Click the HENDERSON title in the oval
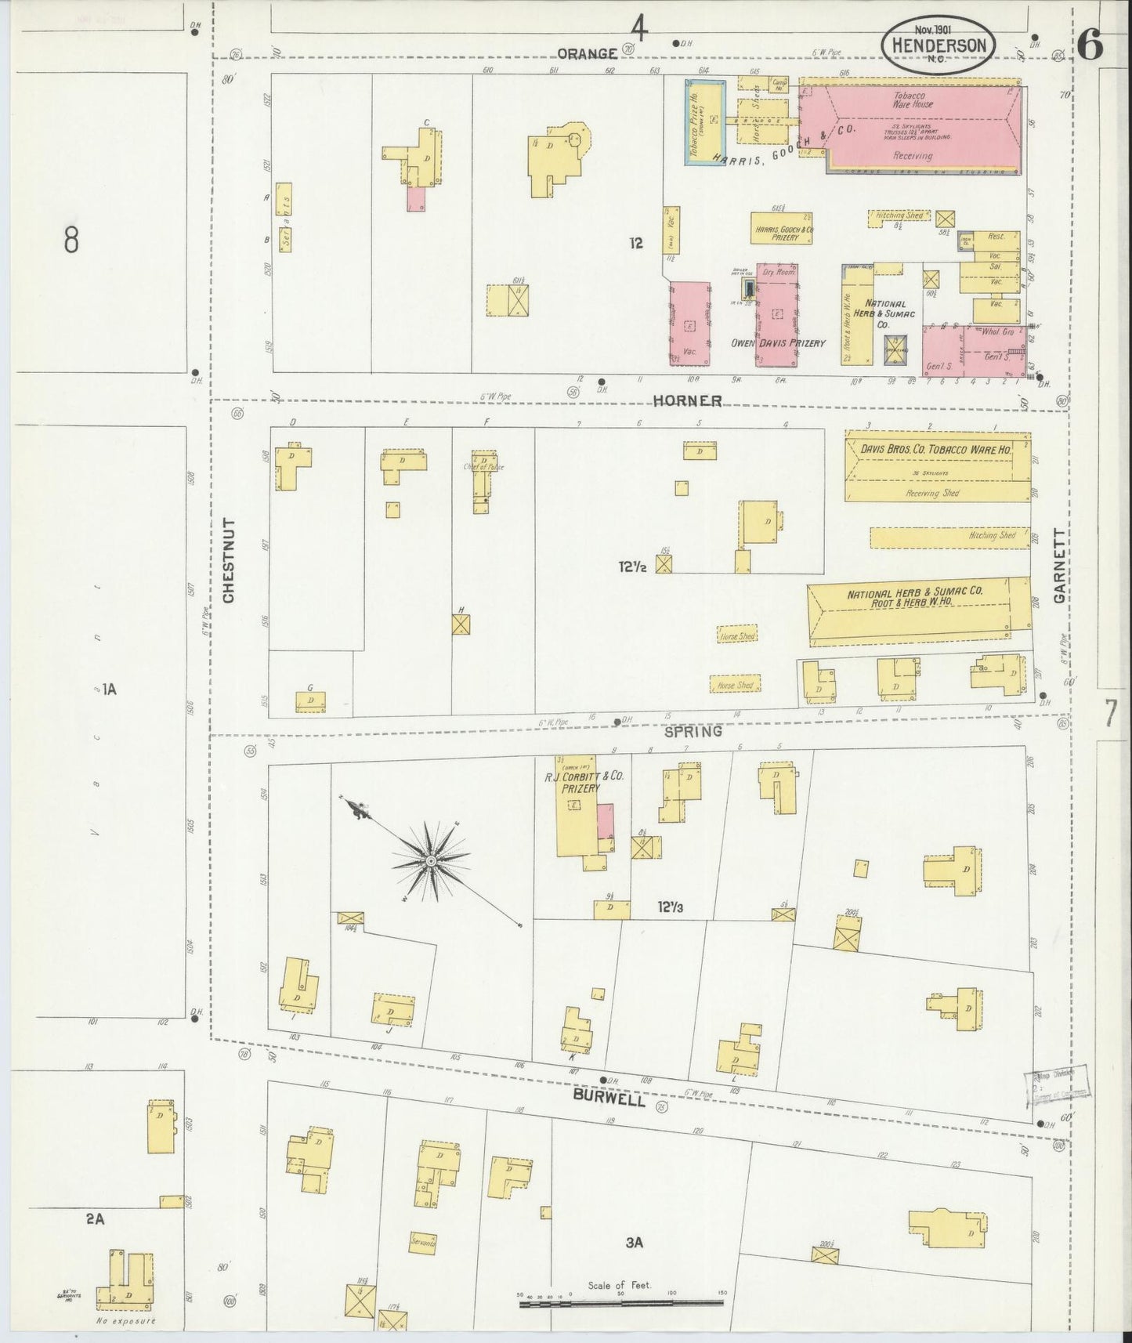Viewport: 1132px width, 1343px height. click(x=938, y=45)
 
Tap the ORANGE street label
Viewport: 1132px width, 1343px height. click(x=587, y=53)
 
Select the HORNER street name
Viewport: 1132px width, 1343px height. click(x=687, y=400)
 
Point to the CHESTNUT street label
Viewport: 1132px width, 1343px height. click(x=230, y=559)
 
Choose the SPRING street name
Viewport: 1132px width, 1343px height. click(x=693, y=732)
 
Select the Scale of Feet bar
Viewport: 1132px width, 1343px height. click(x=619, y=1302)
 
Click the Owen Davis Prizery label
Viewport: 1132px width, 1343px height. click(x=778, y=342)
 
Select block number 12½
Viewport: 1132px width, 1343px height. click(x=632, y=565)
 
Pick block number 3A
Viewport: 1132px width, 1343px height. click(x=635, y=1242)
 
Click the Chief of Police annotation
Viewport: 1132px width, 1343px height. click(x=483, y=467)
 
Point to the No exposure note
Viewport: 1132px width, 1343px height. click(x=125, y=1321)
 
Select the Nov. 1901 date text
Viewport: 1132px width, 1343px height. click(x=927, y=28)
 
